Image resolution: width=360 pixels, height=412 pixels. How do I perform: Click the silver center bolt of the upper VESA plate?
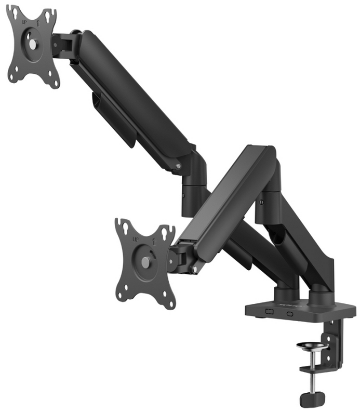32,45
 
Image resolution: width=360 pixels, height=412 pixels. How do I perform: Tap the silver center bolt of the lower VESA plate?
145,262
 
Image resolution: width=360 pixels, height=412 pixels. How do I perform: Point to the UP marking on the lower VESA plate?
135,240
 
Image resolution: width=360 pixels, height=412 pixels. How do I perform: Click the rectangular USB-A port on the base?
270,311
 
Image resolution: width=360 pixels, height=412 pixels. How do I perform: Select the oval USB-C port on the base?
289,314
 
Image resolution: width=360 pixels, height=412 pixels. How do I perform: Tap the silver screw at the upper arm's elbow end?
179,167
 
